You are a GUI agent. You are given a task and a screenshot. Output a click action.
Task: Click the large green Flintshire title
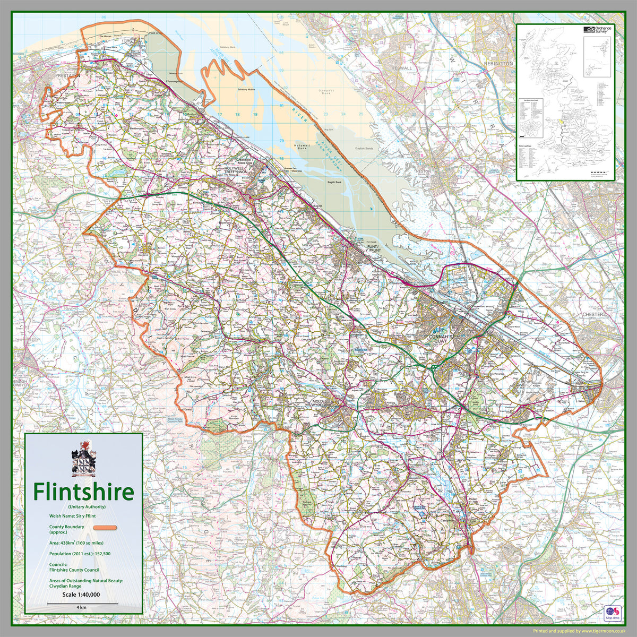pos(84,492)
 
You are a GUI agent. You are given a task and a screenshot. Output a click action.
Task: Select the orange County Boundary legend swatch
pos(105,528)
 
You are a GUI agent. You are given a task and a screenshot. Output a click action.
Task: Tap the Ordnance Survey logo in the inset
pos(597,30)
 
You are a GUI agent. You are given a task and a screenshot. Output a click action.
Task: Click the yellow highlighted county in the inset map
pos(562,122)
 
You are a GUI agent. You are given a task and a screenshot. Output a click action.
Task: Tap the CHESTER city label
pos(592,314)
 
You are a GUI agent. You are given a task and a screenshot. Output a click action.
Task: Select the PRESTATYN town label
pos(66,76)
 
